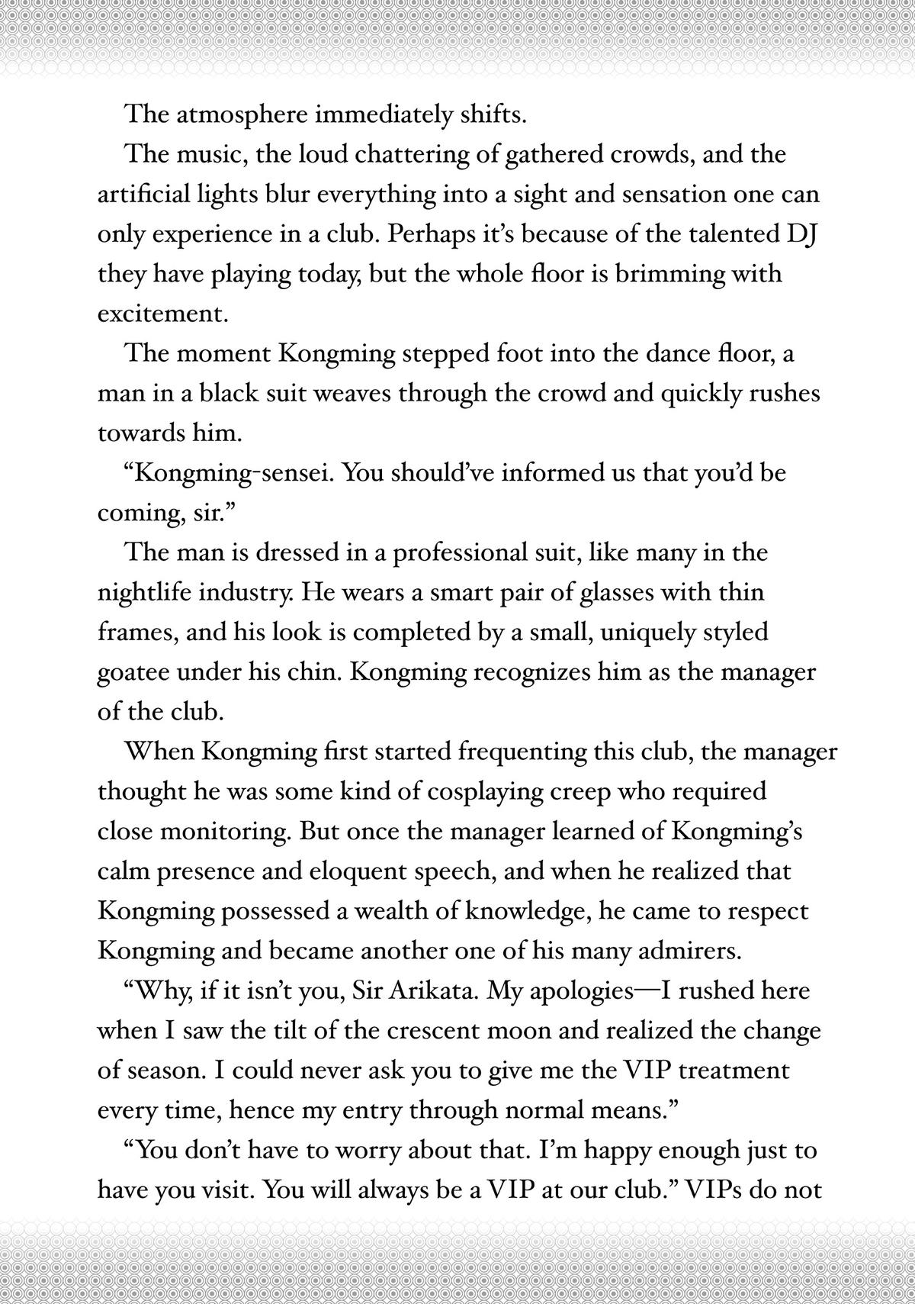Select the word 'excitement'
[x=162, y=314]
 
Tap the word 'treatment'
[x=733, y=1070]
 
